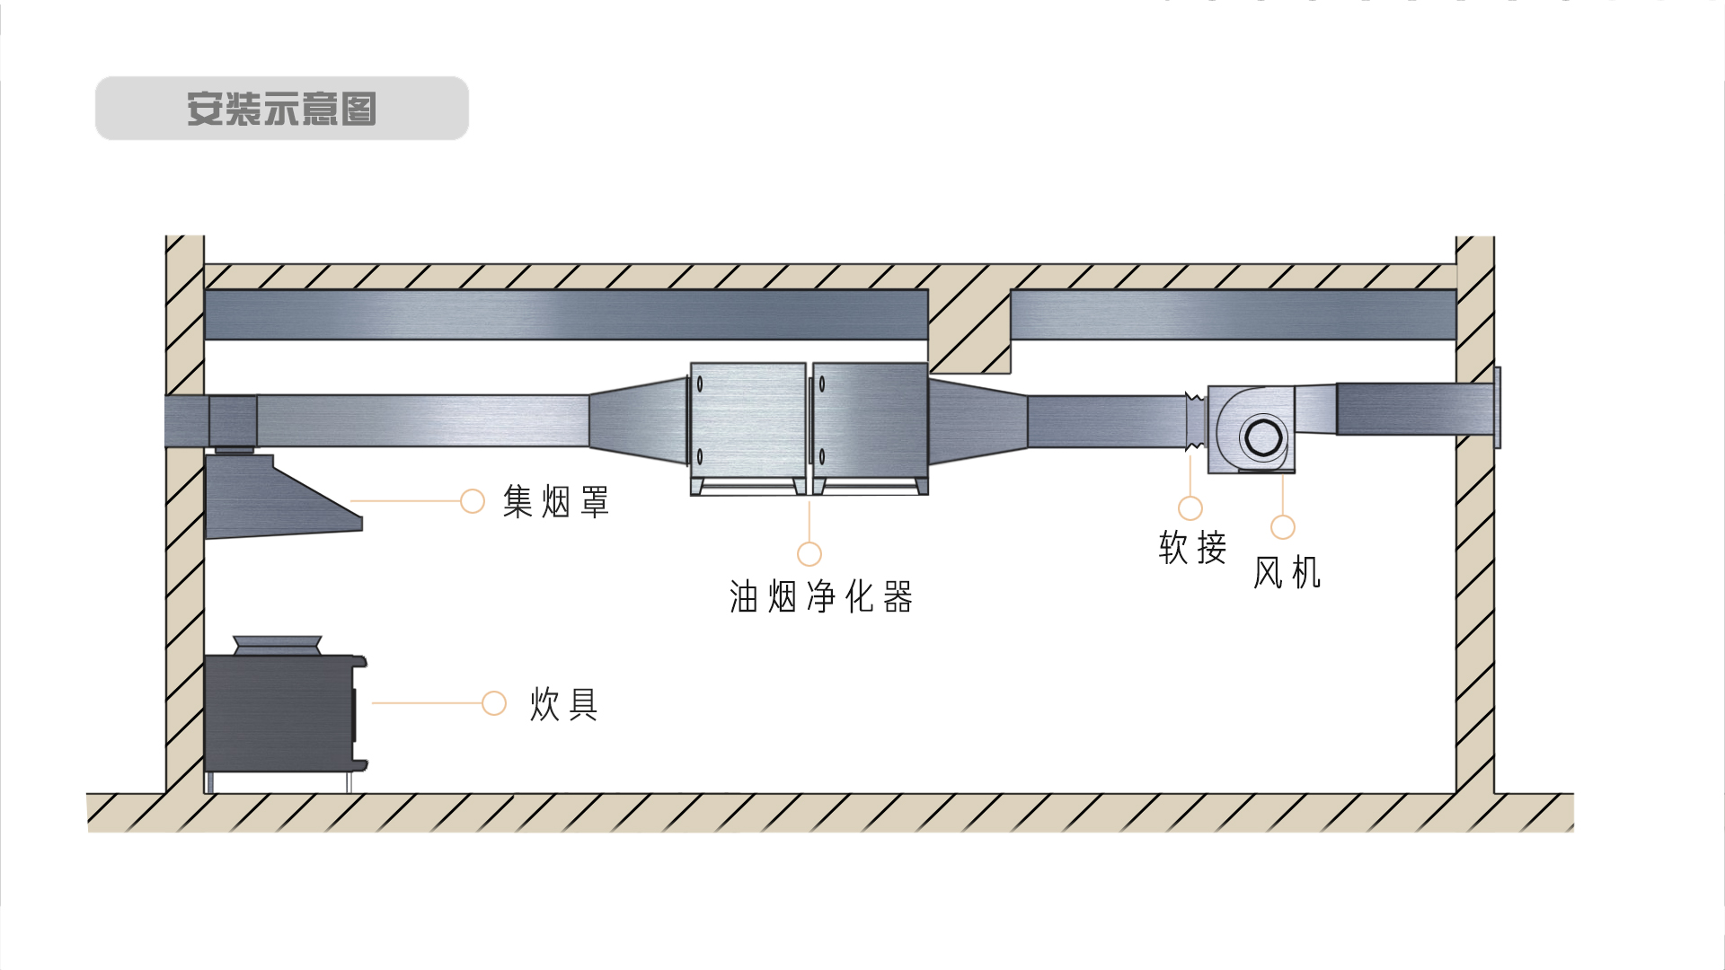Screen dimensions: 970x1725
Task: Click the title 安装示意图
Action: coord(281,109)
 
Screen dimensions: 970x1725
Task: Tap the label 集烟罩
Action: coord(556,501)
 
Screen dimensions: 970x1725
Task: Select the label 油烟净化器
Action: coord(821,597)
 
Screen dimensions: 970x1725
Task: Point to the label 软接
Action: coord(1192,547)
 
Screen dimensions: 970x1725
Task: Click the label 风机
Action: coord(1287,572)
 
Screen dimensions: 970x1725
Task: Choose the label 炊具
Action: coord(564,704)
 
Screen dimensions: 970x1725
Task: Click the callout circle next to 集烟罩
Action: coord(473,501)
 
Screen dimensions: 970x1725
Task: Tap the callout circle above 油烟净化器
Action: coord(809,553)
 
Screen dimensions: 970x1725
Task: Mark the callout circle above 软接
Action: coord(1190,508)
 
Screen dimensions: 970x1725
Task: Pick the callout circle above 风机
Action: coord(1283,527)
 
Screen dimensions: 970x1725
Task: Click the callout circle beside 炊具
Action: coord(494,703)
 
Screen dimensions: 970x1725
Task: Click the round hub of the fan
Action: coord(1263,437)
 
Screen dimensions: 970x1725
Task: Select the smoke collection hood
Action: coord(270,498)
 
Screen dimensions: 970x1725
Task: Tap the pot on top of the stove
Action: coord(277,645)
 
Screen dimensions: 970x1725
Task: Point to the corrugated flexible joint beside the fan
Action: coord(1195,421)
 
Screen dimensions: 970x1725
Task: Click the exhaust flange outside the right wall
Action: coord(1497,408)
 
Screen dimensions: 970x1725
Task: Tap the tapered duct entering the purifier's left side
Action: coord(638,420)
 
